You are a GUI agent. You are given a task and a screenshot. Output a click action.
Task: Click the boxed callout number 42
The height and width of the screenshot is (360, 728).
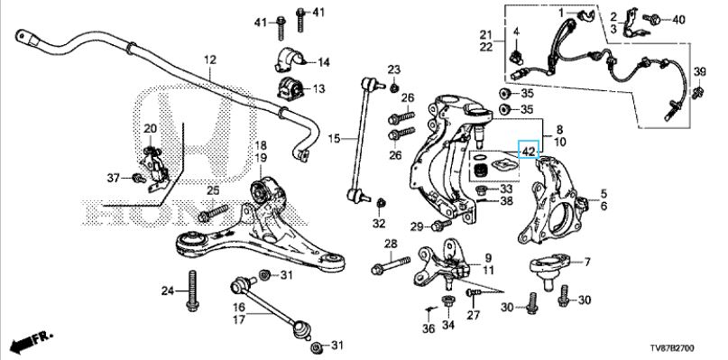click(x=528, y=151)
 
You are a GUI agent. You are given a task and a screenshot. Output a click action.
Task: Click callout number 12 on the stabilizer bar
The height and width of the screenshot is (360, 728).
click(x=210, y=60)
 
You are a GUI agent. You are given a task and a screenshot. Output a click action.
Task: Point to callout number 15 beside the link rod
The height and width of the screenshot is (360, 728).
click(x=332, y=139)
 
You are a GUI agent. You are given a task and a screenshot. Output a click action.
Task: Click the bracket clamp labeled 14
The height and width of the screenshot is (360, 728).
click(x=282, y=61)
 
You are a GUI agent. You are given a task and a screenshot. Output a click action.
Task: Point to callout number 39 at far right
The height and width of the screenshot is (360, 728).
click(x=699, y=71)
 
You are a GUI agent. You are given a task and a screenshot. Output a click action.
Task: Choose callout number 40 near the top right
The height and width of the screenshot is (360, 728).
click(x=678, y=19)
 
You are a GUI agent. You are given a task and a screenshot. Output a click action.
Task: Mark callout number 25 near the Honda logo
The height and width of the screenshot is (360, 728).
click(x=213, y=189)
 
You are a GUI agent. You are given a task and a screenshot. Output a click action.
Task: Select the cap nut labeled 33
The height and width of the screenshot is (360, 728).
click(x=483, y=189)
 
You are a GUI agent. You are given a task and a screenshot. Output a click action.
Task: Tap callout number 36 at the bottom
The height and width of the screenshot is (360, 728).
click(x=429, y=328)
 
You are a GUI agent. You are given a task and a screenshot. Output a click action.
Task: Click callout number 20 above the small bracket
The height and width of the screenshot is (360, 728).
click(x=150, y=129)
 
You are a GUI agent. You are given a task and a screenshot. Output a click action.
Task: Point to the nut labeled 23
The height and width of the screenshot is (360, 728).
click(x=395, y=87)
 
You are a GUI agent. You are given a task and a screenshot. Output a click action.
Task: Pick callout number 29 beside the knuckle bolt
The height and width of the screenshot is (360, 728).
click(x=416, y=226)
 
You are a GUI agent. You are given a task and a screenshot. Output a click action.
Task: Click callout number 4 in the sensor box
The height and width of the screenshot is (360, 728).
click(x=519, y=32)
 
